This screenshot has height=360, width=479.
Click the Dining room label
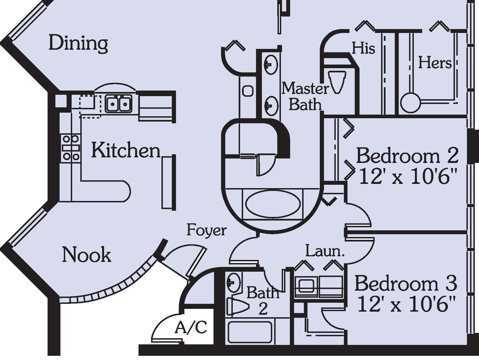78,44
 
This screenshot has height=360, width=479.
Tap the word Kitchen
126,150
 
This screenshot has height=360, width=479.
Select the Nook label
86,255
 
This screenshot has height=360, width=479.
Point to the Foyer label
206,231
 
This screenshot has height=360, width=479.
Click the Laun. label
325,251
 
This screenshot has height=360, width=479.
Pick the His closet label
363,48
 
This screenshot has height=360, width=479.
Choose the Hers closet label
435,63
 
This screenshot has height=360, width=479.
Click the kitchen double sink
119,104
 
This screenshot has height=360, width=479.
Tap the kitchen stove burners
71,148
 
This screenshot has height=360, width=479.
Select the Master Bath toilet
337,81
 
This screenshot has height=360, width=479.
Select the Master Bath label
305,96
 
